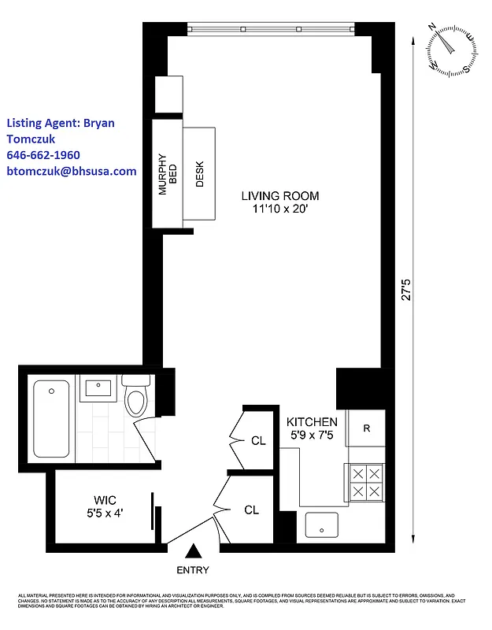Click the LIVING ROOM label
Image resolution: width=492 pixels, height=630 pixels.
(x=280, y=196)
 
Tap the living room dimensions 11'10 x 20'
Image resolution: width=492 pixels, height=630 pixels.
(x=280, y=209)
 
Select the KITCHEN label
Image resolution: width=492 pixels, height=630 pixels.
(x=312, y=422)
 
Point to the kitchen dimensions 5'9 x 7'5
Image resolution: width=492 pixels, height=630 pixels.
(x=312, y=435)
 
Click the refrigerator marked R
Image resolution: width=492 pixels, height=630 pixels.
(x=366, y=428)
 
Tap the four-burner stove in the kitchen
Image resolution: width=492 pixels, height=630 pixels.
(x=365, y=482)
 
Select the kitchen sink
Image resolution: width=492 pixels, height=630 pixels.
(x=321, y=524)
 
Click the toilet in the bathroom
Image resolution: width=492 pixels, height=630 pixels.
(x=137, y=395)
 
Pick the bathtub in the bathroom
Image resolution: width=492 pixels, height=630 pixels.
(x=52, y=421)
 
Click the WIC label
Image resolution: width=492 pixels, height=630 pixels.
(x=105, y=500)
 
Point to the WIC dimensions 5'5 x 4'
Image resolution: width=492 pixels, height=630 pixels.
(x=105, y=513)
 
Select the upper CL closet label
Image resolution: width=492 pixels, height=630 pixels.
(x=258, y=441)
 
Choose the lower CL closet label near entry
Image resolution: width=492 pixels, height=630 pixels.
(x=251, y=510)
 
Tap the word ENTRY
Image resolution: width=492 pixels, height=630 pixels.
(x=193, y=570)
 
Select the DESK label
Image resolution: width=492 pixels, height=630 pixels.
(x=200, y=174)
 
